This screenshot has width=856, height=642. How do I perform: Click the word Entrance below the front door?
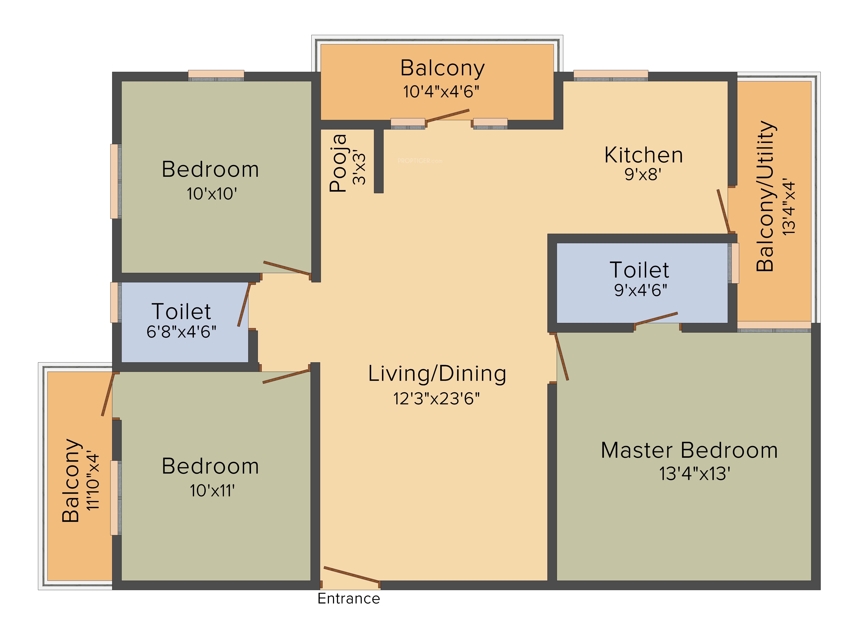coord(349,599)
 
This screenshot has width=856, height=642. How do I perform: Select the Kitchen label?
coord(643,155)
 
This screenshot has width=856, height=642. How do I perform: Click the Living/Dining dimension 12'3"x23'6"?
coord(437,399)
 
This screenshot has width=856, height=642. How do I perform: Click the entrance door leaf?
coord(351,574)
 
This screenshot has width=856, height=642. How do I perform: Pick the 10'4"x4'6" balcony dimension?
coord(441,92)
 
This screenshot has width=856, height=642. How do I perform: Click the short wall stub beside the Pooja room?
coord(379,160)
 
